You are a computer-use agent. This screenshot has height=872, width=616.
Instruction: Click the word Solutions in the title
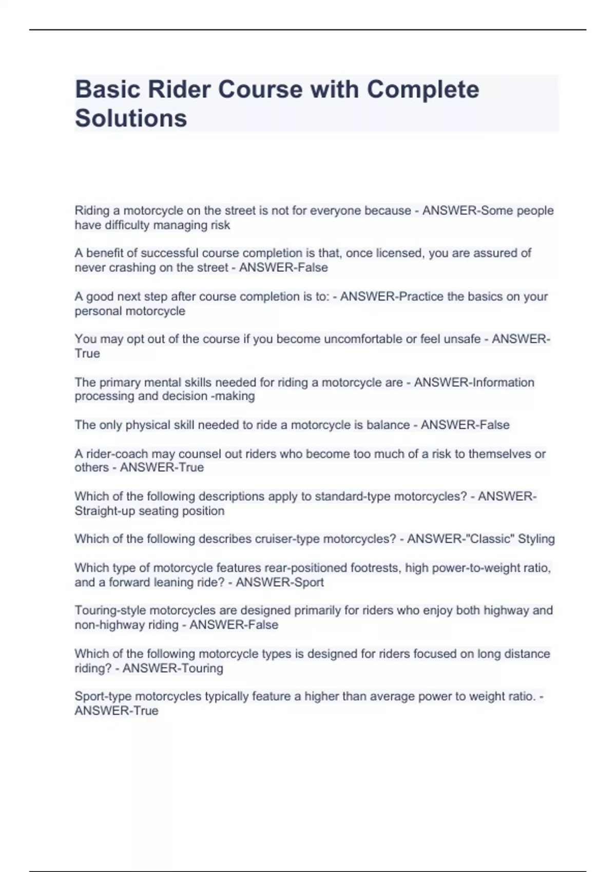point(131,118)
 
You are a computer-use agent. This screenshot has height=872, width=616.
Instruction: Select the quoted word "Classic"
point(491,539)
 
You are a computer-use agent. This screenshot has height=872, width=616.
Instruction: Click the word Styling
point(536,539)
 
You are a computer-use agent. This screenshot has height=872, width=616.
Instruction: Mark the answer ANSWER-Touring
point(173,668)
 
